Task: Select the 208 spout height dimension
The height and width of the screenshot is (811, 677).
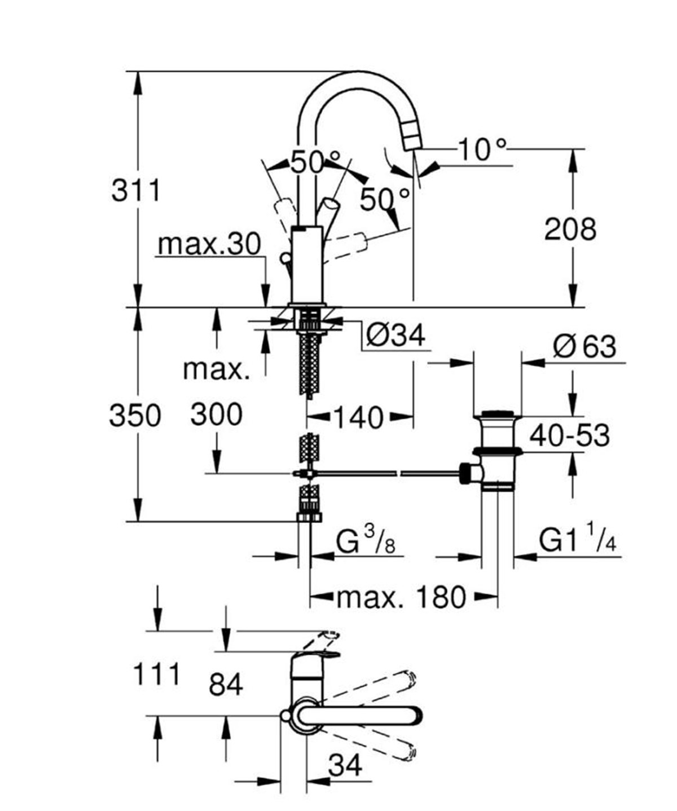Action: coord(570,229)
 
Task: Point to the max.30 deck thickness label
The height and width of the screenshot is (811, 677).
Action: coord(209,245)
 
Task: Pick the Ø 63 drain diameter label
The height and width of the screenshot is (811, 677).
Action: coord(584,346)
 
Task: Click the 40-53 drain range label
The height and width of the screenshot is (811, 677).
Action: coord(569,436)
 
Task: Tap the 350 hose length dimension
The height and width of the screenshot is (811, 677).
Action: coord(135,416)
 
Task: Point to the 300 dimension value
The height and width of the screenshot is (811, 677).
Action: coord(216,415)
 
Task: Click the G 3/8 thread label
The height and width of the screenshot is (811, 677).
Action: coord(365,543)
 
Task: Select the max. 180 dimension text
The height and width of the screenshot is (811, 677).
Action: coord(402,597)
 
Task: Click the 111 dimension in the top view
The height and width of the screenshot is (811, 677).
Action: coord(156,674)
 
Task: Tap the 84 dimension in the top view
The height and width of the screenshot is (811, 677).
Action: coord(226,685)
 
